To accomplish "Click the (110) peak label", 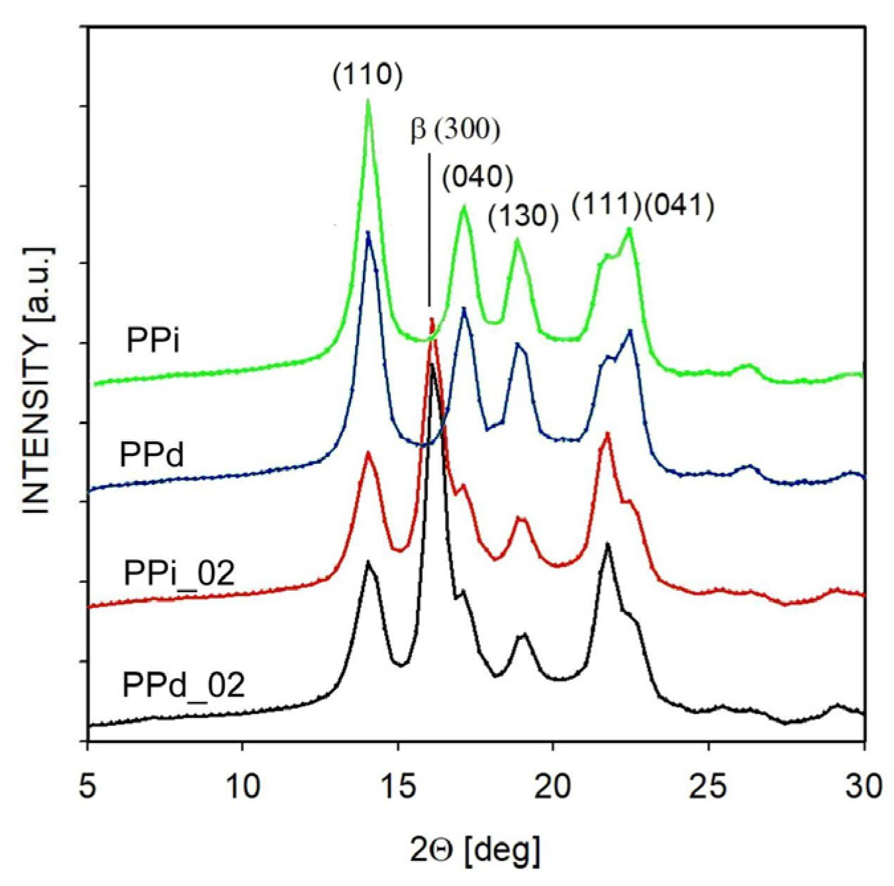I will pos(368,75).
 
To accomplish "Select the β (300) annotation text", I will pos(455,130).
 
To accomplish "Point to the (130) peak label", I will pos(523,216).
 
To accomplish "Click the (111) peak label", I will pos(606,206).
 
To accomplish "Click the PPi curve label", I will pos(154,341).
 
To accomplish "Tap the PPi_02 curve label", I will pos(179,573).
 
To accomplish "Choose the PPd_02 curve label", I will pos(183,686).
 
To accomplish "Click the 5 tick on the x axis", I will pos(88,787).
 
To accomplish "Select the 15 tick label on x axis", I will pos(397,787).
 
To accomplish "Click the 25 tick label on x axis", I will pos(709,787).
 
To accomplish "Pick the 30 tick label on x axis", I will pos(864,787).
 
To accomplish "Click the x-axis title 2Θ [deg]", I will pos(475,850).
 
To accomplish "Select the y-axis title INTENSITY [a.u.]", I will pos(36,380).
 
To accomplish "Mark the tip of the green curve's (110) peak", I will pos(368,101).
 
